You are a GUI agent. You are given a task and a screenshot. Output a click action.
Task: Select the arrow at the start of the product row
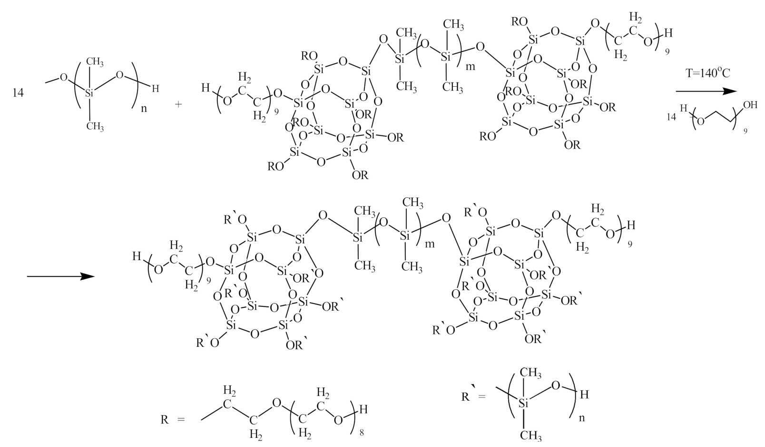coord(60,276)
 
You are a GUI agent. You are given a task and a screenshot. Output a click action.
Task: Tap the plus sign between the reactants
coord(179,103)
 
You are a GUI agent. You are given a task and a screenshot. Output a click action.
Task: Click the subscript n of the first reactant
coord(143,108)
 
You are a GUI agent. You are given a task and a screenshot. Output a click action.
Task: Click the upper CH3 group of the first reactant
coord(96,62)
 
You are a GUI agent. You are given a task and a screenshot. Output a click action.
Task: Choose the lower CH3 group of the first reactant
coord(96,126)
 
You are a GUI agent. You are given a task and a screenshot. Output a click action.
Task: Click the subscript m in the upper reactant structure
coord(470,66)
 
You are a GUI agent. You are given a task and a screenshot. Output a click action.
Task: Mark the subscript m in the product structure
coord(430,244)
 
